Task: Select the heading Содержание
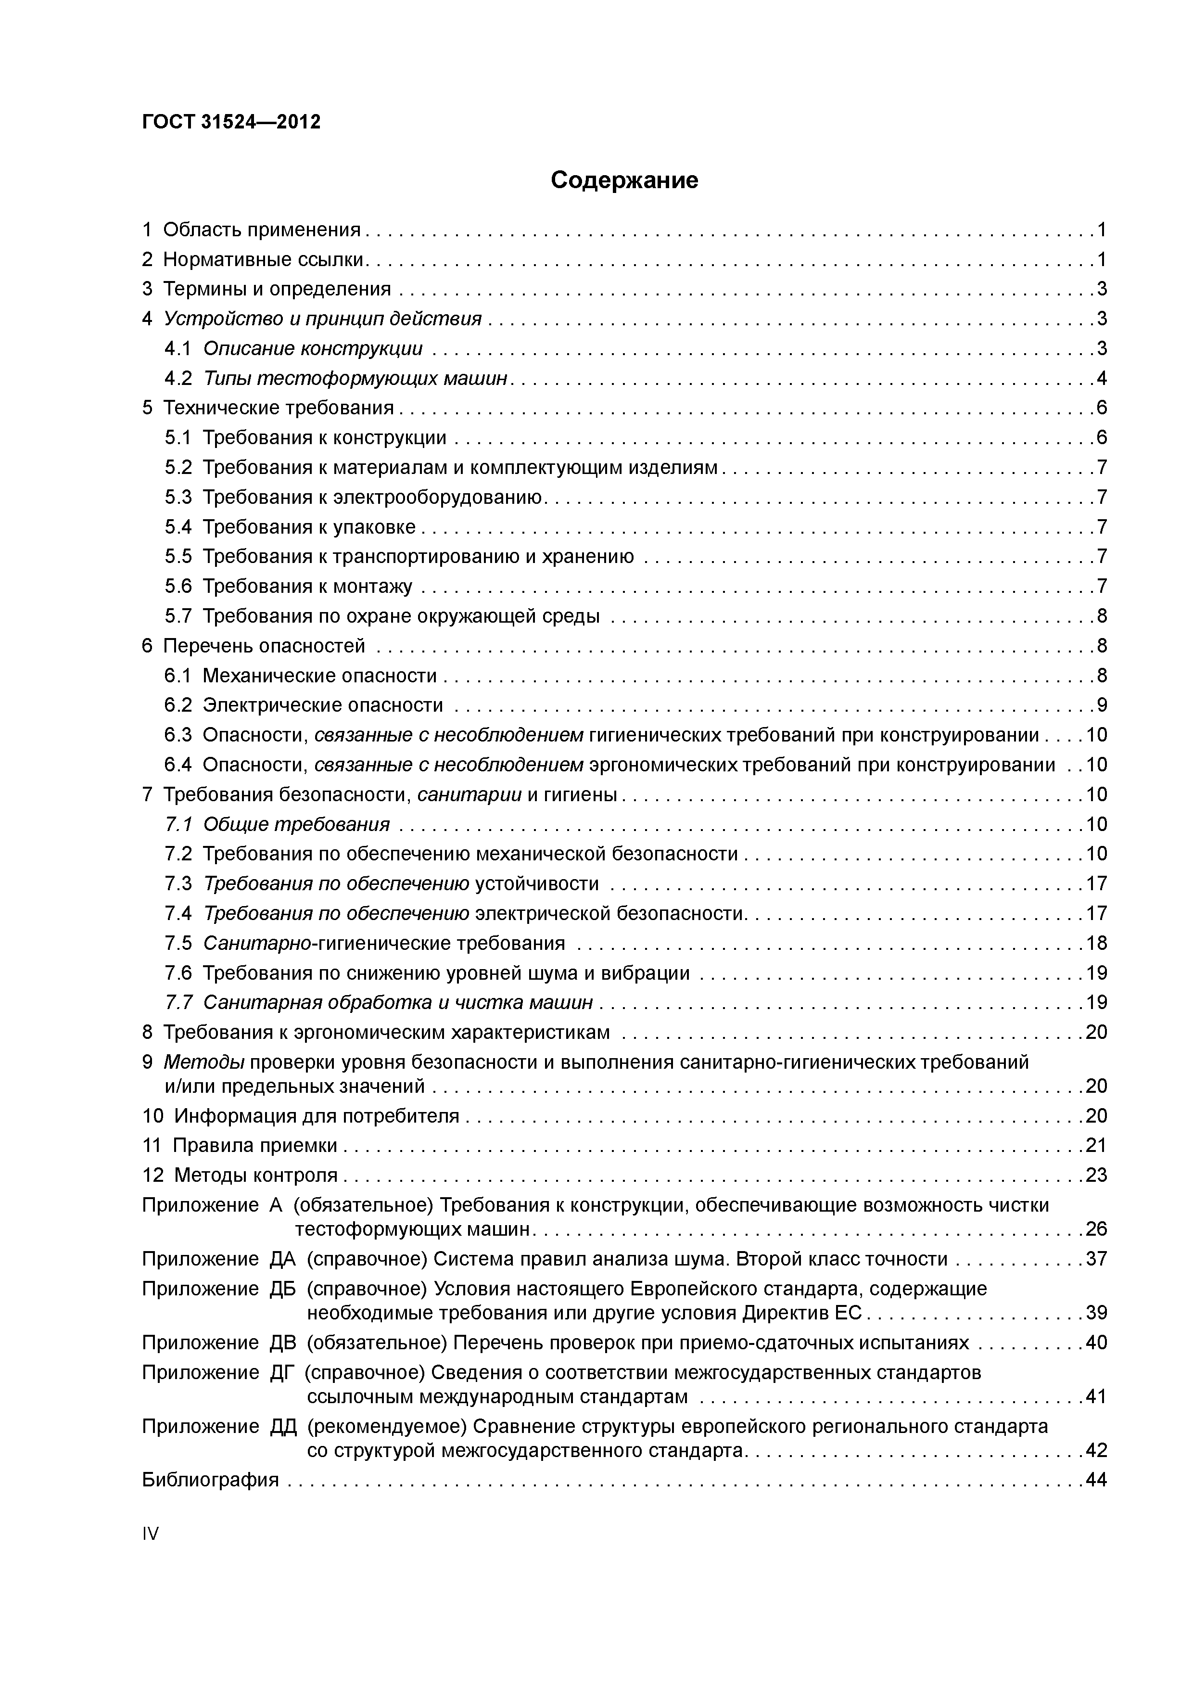624,180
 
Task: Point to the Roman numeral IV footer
150,1534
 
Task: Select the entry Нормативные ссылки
264,259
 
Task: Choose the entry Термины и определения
277,289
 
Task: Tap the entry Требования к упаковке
309,527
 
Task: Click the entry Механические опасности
320,676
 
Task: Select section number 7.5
178,943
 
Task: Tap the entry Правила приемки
255,1145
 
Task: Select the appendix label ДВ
283,1343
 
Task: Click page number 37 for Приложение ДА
1096,1259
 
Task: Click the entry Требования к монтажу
307,587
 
